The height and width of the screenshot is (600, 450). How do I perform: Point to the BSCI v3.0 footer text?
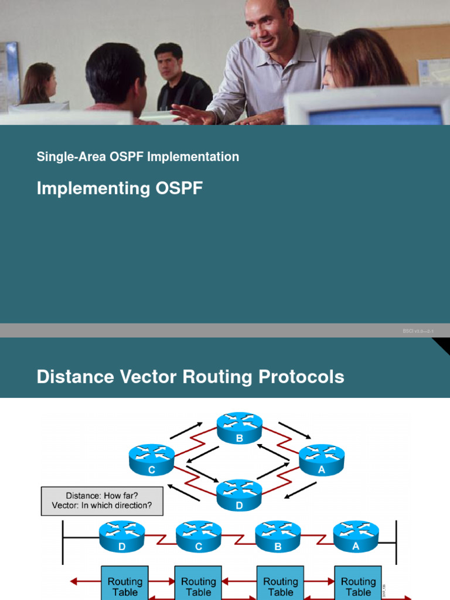coord(418,331)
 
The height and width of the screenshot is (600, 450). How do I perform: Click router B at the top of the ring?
coord(240,428)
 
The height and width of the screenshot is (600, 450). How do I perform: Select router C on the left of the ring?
coord(152,459)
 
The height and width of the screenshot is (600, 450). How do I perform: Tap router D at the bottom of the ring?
coord(240,495)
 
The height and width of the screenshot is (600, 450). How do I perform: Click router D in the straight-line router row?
coord(122,537)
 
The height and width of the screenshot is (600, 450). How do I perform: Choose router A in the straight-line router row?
coord(356,537)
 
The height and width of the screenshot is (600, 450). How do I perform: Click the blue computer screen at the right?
coord(375,115)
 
